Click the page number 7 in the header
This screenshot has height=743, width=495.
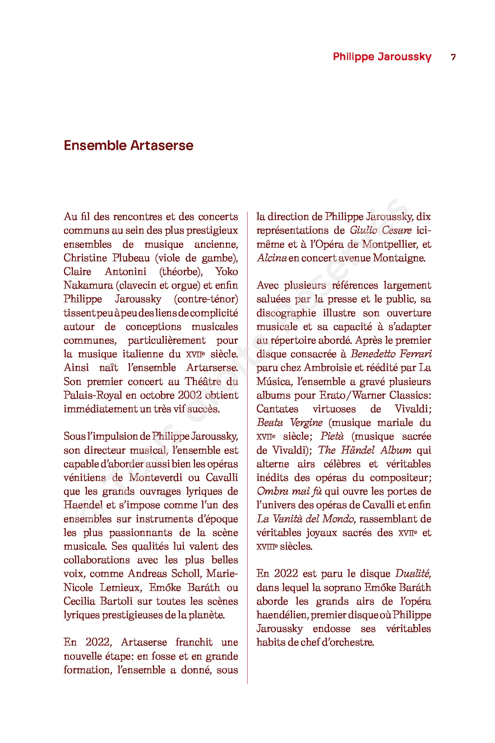coord(453,57)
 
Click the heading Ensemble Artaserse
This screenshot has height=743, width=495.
coord(129,146)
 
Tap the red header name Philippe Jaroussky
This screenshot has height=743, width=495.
coord(382,57)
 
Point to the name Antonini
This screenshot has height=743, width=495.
coord(126,271)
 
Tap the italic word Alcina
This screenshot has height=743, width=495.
coord(272,258)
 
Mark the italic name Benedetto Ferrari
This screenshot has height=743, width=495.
coord(391,354)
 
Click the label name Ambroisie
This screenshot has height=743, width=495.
coord(328,367)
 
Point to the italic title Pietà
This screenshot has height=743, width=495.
coord(332,436)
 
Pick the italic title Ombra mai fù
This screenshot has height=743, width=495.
coord(289,491)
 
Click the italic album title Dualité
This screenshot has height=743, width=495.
coord(413,573)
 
